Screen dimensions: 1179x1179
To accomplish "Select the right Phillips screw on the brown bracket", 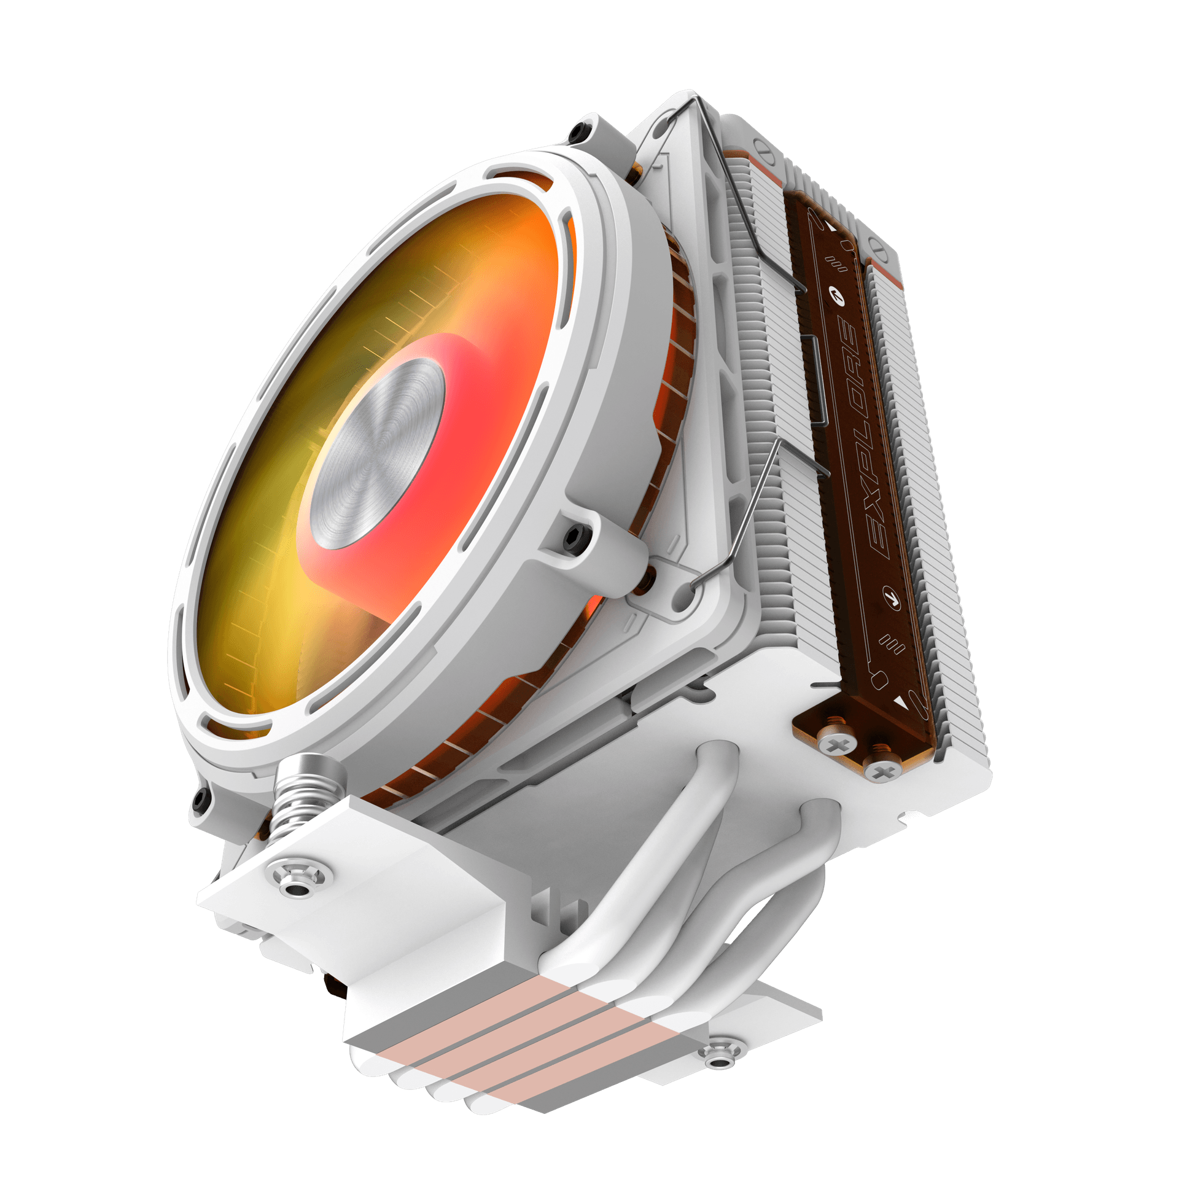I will pyautogui.click(x=882, y=772).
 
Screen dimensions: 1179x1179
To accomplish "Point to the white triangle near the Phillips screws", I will pyautogui.click(x=900, y=701).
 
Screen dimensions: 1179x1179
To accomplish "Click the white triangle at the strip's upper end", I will pyautogui.click(x=830, y=227).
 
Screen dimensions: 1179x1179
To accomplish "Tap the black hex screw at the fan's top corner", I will pyautogui.click(x=578, y=131).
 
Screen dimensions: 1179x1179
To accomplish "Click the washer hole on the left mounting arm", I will pyautogui.click(x=298, y=889).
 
